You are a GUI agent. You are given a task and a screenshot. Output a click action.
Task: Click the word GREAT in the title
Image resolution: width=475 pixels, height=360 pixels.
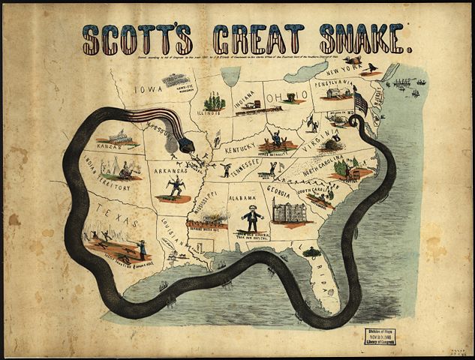[x=260, y=39]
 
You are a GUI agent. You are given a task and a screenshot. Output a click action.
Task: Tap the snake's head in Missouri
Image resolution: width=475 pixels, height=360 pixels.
[x=186, y=142]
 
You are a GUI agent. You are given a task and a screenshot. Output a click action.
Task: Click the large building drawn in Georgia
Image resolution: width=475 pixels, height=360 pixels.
[x=292, y=211]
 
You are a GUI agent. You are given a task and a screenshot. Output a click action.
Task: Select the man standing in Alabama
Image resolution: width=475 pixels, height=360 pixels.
[x=252, y=217]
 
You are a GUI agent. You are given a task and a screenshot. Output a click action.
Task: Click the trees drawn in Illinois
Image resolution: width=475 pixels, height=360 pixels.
[x=215, y=100]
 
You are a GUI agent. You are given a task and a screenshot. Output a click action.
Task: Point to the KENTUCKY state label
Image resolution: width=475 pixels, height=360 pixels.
[x=242, y=150]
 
